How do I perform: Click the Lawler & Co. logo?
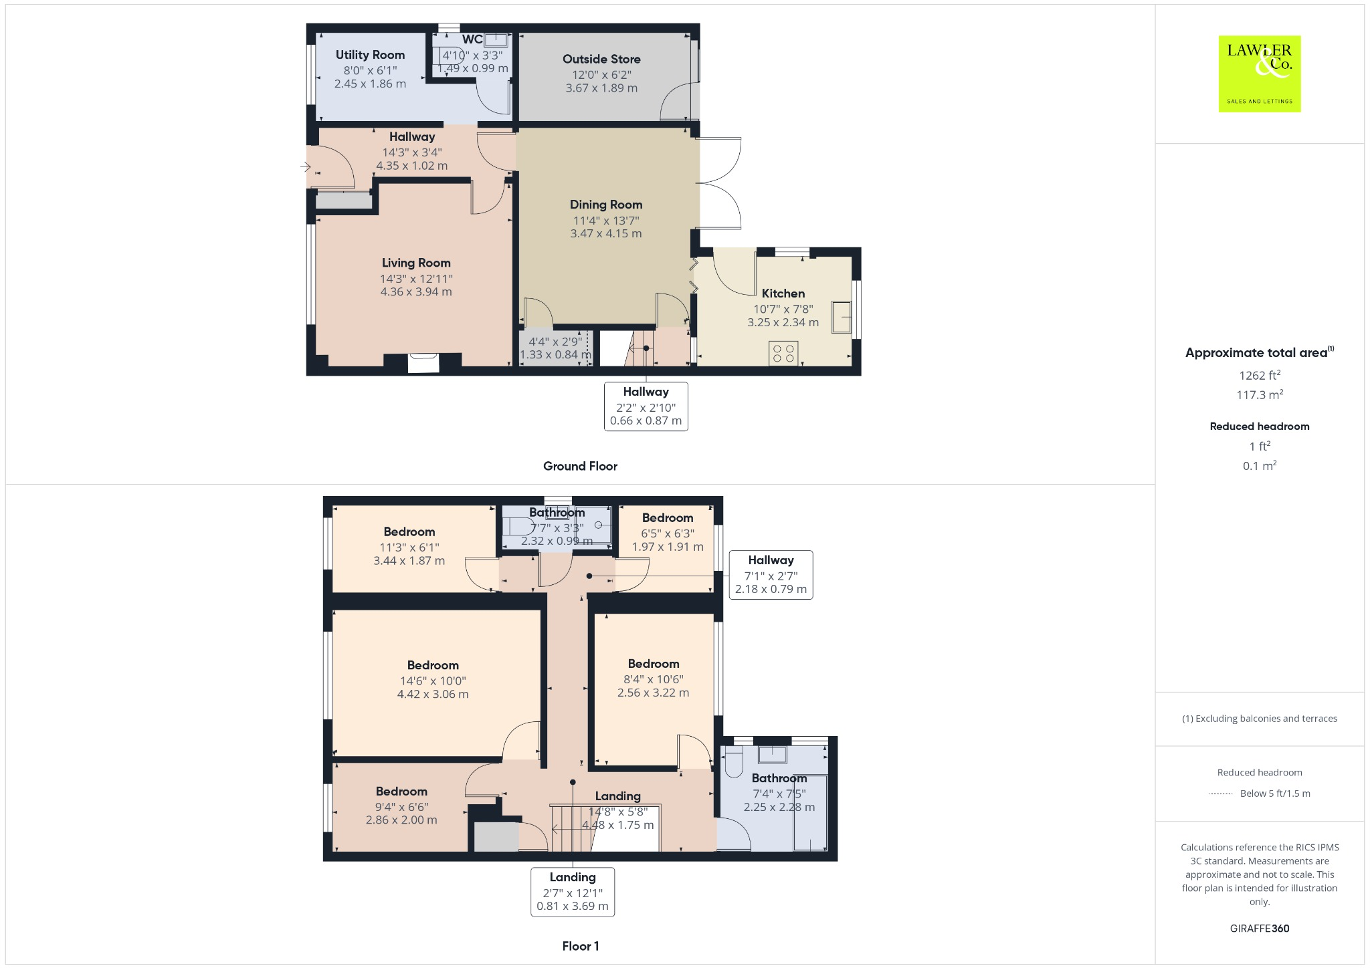point(1259,74)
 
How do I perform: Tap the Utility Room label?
point(370,55)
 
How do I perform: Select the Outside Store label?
point(601,59)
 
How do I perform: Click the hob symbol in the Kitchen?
point(783,353)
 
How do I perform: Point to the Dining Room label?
point(606,205)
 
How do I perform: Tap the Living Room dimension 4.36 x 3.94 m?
point(416,291)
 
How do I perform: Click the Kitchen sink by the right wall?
point(842,317)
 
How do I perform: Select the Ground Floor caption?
point(580,466)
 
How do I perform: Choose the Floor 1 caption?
point(581,946)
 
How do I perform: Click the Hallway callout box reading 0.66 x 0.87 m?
point(646,406)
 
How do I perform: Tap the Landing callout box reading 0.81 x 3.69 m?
point(573,892)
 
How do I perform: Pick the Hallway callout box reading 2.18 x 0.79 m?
point(771,575)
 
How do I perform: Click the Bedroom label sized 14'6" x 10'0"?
point(433,665)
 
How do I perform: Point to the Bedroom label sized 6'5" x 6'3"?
point(668,517)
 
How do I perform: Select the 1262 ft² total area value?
point(1259,375)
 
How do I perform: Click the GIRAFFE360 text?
point(1259,929)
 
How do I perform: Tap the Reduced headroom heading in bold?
point(1259,427)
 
